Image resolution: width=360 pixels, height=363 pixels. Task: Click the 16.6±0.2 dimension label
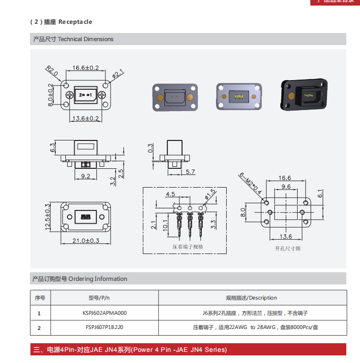pos(85,67)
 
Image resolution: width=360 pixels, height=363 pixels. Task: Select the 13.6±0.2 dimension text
pos(85,118)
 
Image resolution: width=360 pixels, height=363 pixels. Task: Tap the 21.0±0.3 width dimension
pos(85,240)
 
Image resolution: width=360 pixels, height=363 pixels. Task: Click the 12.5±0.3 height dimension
pos(48,215)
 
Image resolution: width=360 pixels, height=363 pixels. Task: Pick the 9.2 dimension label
pos(85,176)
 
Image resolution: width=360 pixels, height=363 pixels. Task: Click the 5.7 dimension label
pos(190,172)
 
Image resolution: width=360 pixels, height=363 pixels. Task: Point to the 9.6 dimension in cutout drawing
pos(285,187)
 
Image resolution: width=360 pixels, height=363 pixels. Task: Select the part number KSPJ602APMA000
pos(104,313)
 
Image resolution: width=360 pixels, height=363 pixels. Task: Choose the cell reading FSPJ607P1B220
pos(104,328)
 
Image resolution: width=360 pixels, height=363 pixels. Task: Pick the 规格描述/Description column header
pos(251,298)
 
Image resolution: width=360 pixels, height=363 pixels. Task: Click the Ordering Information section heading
pos(80,279)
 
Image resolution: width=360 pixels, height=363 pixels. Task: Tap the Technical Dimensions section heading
pos(73,39)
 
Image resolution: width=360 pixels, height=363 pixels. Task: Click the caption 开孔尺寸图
pos(287,248)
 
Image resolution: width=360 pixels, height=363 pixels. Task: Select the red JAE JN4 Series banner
pos(188,349)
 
